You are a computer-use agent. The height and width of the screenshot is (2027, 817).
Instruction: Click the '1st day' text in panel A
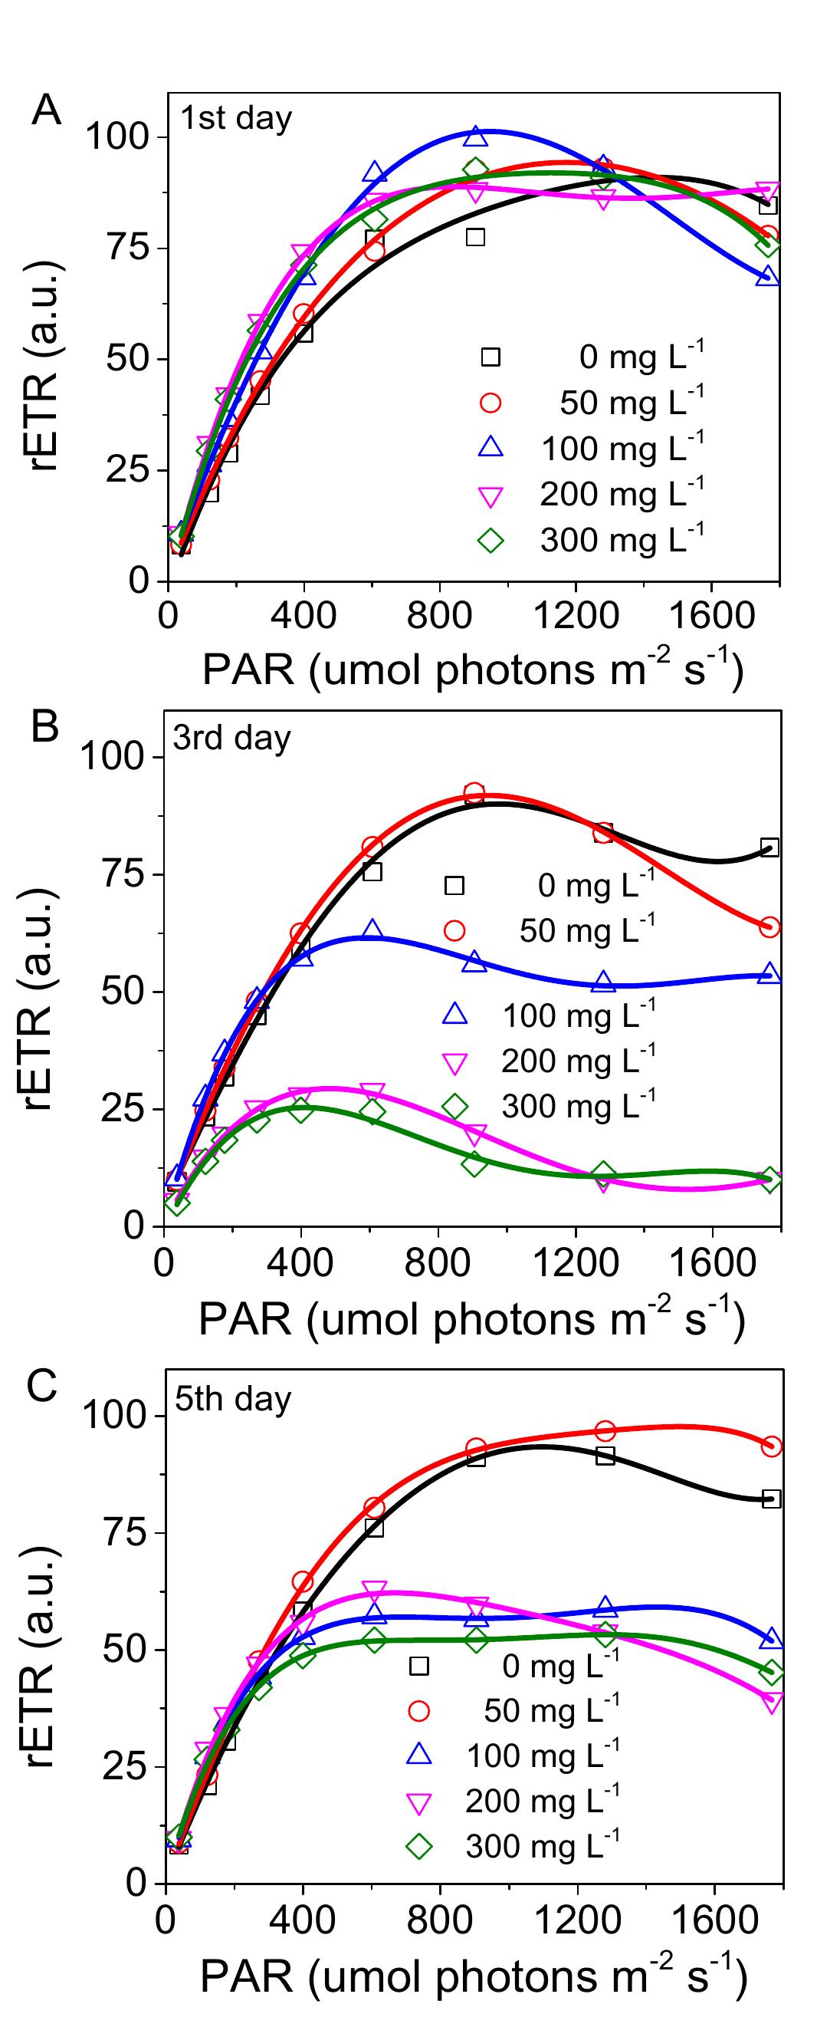click(x=236, y=118)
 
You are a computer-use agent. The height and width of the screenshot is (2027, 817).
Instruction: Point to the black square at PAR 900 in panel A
click(x=475, y=237)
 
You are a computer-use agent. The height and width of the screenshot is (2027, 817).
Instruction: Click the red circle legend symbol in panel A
click(x=491, y=403)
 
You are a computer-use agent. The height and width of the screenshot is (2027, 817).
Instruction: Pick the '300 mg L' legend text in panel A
click(x=622, y=540)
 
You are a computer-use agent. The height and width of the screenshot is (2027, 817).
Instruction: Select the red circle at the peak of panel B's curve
click(x=474, y=793)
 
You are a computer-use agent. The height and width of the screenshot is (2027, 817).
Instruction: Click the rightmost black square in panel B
click(x=769, y=847)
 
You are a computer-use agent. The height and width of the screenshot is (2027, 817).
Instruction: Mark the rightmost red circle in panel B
click(x=769, y=927)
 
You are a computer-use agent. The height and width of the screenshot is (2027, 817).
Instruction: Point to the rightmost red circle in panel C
click(x=771, y=1446)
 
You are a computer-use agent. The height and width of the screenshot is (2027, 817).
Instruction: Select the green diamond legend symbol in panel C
click(x=419, y=1847)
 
